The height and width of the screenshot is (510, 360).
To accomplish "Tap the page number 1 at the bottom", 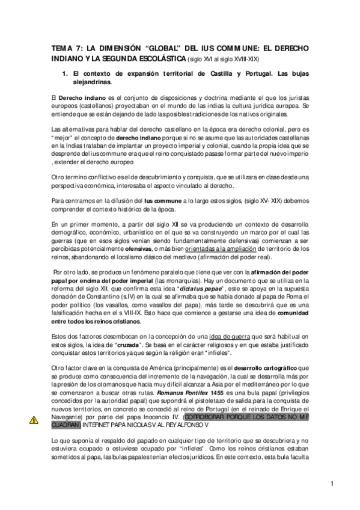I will click(x=332, y=483).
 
